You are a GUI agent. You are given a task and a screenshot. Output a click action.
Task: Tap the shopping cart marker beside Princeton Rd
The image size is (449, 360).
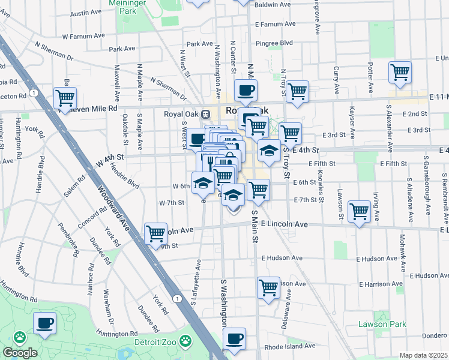click(x=65, y=98)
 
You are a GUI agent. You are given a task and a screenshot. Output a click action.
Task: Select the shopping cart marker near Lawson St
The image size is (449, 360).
click(x=359, y=212)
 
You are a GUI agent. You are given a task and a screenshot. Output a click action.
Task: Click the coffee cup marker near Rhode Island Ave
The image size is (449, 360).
click(x=234, y=339)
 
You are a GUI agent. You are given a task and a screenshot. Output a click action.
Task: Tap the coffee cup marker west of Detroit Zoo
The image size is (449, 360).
click(x=44, y=323)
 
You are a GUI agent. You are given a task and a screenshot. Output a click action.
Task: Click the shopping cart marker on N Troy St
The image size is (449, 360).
click(x=297, y=92)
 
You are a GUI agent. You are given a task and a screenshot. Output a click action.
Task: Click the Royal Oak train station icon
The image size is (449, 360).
click(x=205, y=114)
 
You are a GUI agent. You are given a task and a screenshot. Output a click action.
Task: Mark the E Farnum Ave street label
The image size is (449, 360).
click(x=275, y=25)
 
